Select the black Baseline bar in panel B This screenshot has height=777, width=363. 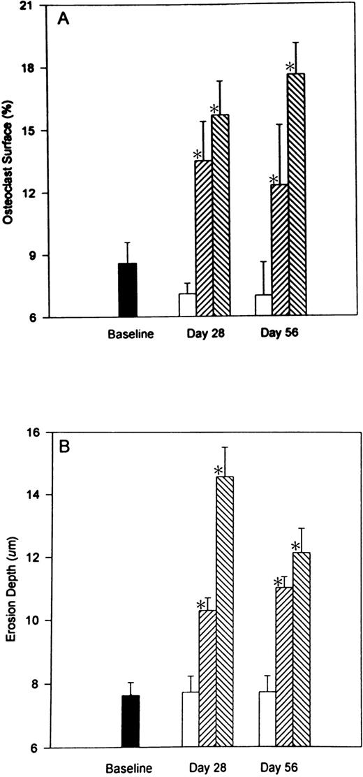point(131,721)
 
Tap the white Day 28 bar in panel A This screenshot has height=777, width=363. point(187,305)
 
